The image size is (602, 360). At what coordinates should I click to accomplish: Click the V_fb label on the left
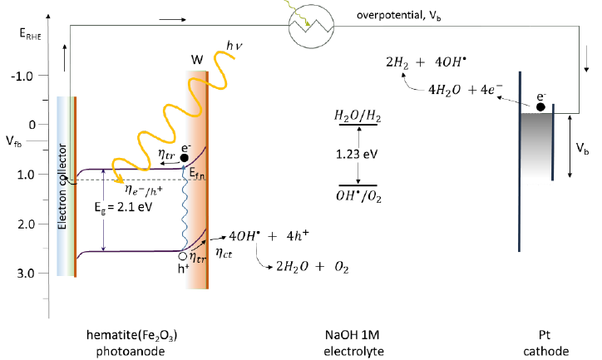(x=12, y=144)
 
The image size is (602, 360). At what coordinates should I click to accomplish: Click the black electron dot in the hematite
(x=185, y=157)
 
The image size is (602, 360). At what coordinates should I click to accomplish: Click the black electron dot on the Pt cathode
(x=540, y=106)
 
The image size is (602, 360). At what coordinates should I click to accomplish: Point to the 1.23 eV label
(x=355, y=154)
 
